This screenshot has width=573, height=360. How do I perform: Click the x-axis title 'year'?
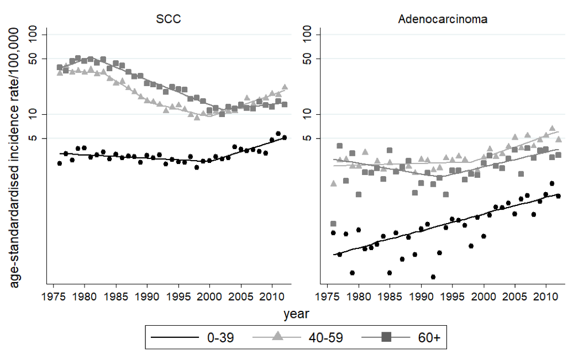tap(296, 315)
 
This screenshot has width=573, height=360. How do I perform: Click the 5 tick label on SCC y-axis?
tap(39, 138)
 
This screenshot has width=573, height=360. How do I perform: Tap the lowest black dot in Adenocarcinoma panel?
tap(433, 277)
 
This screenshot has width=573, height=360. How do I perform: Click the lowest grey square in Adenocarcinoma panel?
tap(333, 224)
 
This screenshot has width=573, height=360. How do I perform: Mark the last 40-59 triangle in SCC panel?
tap(285, 87)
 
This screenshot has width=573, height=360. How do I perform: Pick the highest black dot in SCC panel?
tap(278, 134)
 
